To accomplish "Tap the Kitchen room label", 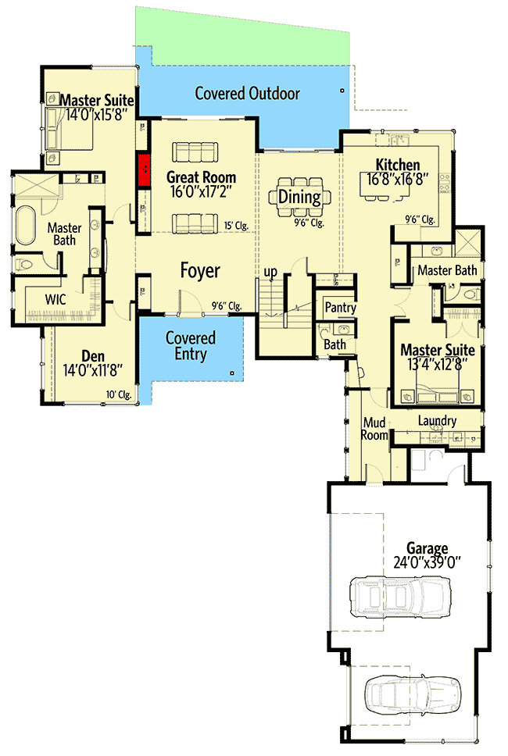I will [398, 165].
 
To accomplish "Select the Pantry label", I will [340, 308].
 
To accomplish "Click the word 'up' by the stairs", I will [270, 271].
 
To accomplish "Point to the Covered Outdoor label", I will [247, 94].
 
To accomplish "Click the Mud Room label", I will [375, 429].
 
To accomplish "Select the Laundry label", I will [437, 421].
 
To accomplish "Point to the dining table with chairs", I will [299, 197].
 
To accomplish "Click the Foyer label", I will [200, 271].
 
